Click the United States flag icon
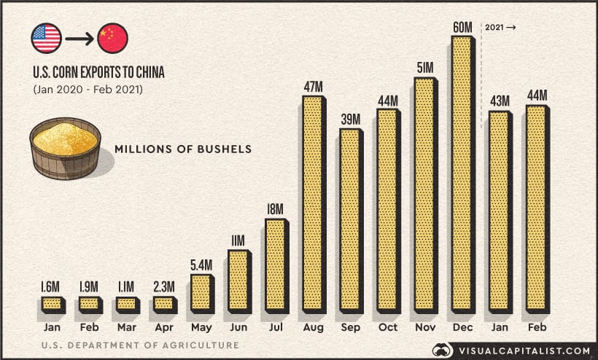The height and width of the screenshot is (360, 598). tap(47, 39)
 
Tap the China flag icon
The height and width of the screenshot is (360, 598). tap(112, 39)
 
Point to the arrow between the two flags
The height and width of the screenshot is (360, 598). tap(79, 39)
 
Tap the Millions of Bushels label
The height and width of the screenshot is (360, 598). tap(182, 149)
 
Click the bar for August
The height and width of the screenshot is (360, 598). tap(313, 203)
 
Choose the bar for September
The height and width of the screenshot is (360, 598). tap(350, 219)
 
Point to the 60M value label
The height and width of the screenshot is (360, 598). tap(462, 27)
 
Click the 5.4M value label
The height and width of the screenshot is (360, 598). tap(201, 265)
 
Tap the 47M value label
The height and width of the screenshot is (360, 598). tap(313, 87)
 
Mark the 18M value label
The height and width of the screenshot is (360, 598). tap(275, 209)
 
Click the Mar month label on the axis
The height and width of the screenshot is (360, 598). tap(126, 326)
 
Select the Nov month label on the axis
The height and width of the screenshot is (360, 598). tap(424, 326)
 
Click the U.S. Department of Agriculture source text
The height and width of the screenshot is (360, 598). tap(139, 345)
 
